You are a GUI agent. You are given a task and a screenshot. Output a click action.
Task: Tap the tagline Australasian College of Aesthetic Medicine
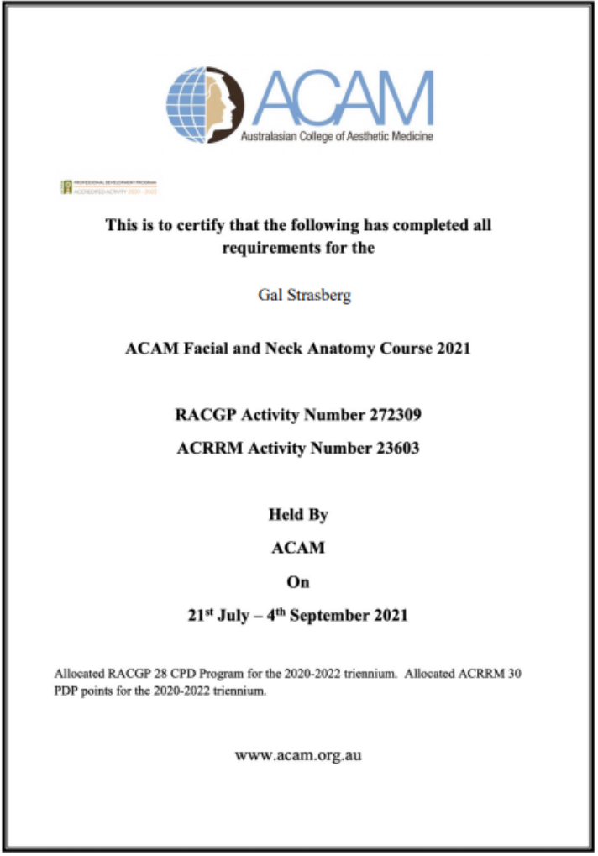(x=337, y=137)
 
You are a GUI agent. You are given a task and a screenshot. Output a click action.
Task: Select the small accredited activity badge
(x=109, y=186)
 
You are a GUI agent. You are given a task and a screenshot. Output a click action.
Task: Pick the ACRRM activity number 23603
(x=395, y=449)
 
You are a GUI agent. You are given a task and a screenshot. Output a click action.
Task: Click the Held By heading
(x=298, y=514)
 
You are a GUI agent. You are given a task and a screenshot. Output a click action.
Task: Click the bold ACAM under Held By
(x=298, y=548)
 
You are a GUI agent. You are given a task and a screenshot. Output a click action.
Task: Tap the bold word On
(x=298, y=581)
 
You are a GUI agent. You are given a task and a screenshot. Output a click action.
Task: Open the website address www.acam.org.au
(x=298, y=755)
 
